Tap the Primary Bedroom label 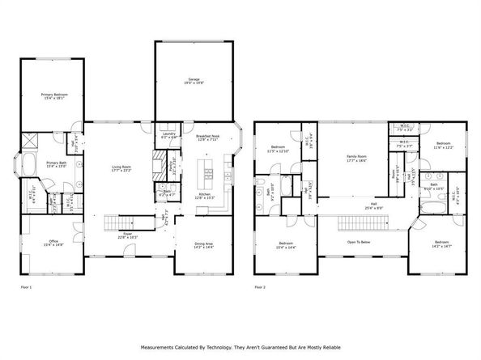click(55, 95)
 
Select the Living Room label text click(121, 167)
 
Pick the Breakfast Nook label click(208, 137)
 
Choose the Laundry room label click(168, 134)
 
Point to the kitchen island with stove click(207, 172)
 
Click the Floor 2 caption click(260, 286)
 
